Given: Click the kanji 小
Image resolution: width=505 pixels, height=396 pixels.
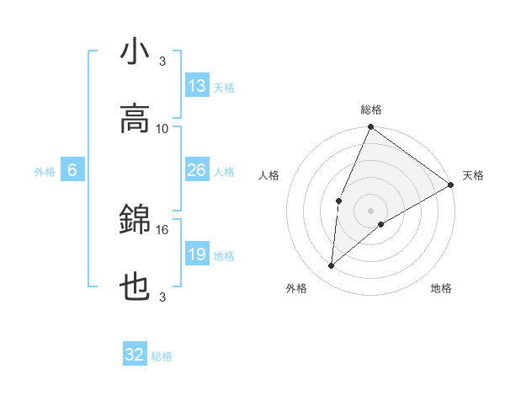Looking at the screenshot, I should (x=136, y=51).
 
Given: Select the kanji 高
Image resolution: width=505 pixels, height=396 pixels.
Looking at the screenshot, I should (x=136, y=119).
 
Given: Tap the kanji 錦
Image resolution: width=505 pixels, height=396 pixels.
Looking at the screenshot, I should (x=136, y=220).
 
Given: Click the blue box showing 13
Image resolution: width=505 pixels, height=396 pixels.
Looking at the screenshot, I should (x=197, y=86).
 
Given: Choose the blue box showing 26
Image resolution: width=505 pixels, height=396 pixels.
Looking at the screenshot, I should (x=197, y=171).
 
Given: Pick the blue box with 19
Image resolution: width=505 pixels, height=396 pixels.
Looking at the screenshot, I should (x=197, y=254).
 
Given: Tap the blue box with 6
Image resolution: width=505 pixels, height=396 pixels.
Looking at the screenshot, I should (x=72, y=171).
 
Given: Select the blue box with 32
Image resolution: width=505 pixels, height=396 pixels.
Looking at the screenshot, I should (x=135, y=355).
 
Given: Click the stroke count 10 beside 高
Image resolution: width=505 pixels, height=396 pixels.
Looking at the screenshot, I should (x=162, y=128).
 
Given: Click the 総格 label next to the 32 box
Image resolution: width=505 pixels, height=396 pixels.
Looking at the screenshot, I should (x=162, y=356).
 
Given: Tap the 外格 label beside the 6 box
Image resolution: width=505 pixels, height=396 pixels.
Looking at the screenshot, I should (x=45, y=172).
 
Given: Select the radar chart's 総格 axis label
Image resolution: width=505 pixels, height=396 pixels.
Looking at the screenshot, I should (x=371, y=110).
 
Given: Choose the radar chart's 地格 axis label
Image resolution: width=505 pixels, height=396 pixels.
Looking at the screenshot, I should (x=441, y=288).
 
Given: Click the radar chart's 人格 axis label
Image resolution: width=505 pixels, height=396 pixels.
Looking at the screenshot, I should (x=269, y=175).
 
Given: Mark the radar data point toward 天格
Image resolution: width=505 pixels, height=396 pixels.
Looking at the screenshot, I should (x=451, y=185).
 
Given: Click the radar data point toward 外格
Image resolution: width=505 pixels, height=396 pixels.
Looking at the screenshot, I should (x=332, y=266).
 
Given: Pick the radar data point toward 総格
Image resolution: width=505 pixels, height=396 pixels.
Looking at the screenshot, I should (x=370, y=128).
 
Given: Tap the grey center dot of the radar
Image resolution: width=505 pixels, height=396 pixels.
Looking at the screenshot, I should (x=370, y=210).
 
